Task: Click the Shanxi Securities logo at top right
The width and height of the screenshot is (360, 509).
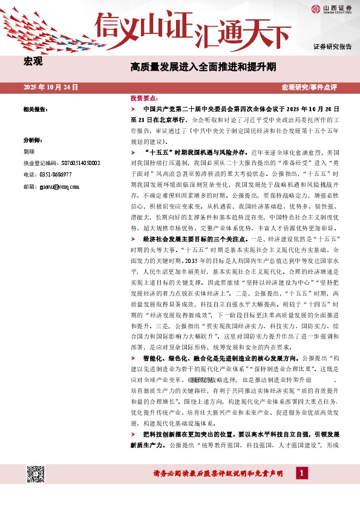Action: (x=332, y=8)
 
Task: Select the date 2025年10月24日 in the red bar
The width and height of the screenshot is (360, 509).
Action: (x=51, y=87)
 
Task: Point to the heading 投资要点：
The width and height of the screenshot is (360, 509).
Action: (x=144, y=97)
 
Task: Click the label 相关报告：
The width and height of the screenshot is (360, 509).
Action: (x=35, y=109)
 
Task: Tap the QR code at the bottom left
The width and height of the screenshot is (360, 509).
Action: (x=36, y=475)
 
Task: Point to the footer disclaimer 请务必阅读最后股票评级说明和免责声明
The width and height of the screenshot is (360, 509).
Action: (x=218, y=475)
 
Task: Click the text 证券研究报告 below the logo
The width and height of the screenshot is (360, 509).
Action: (x=332, y=47)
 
